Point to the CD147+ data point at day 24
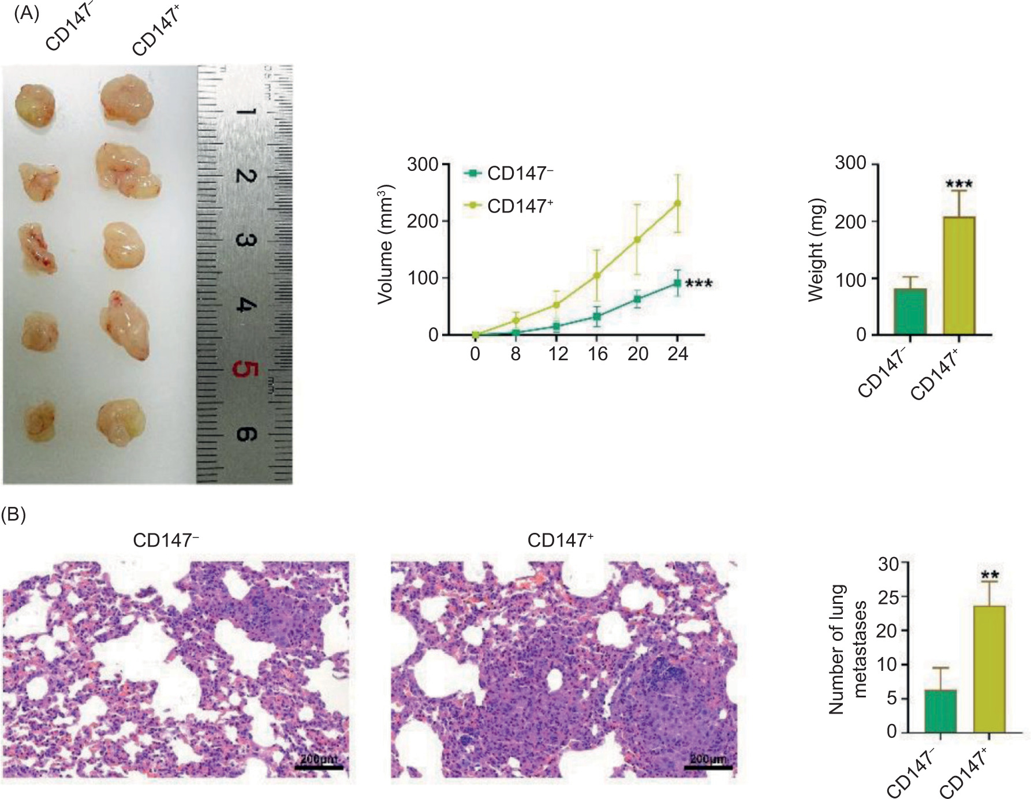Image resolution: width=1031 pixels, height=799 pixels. [678, 203]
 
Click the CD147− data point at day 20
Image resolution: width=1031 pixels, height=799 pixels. [637, 299]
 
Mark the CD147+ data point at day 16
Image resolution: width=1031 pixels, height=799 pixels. [597, 275]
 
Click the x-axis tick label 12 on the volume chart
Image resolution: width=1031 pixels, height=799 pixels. [558, 354]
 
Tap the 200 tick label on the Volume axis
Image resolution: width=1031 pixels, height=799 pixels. [423, 221]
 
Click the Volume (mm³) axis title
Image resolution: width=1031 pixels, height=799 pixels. [385, 245]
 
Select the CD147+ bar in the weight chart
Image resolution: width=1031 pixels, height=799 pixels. [959, 275]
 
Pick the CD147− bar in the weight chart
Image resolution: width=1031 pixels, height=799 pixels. [910, 311]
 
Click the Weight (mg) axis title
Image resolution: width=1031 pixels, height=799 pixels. [815, 251]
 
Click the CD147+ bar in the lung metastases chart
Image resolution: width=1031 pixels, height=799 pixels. [989, 669]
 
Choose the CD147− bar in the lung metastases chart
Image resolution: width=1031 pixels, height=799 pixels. [940, 711]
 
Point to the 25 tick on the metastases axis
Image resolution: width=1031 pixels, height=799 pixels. [887, 597]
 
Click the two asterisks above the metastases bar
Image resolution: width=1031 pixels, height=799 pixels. [989, 575]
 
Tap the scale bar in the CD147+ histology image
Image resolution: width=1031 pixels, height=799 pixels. [708, 767]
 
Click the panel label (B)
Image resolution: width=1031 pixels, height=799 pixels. [14, 515]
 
